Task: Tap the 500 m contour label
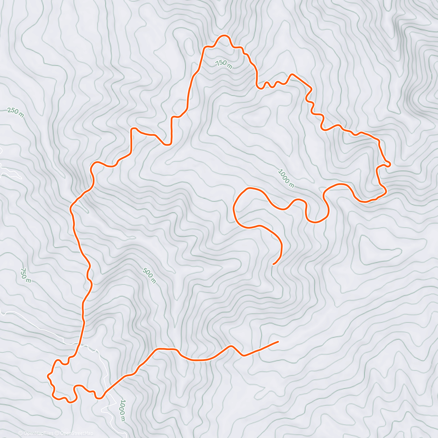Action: [149, 276]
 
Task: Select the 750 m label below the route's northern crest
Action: [224, 64]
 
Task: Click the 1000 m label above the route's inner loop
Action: [286, 178]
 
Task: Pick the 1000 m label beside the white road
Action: [123, 410]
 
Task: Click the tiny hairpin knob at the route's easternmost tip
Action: [389, 164]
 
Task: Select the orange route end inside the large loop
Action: [274, 264]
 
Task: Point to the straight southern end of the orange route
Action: [278, 342]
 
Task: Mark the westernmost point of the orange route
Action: [48, 375]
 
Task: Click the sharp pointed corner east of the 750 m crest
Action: [291, 75]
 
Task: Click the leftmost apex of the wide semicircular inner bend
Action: [234, 208]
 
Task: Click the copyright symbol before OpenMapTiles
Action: [20, 434]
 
